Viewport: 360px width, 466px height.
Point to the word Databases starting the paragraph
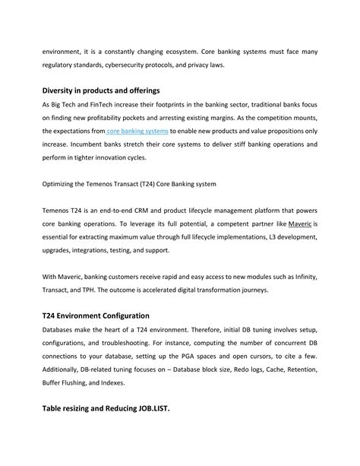61,329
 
